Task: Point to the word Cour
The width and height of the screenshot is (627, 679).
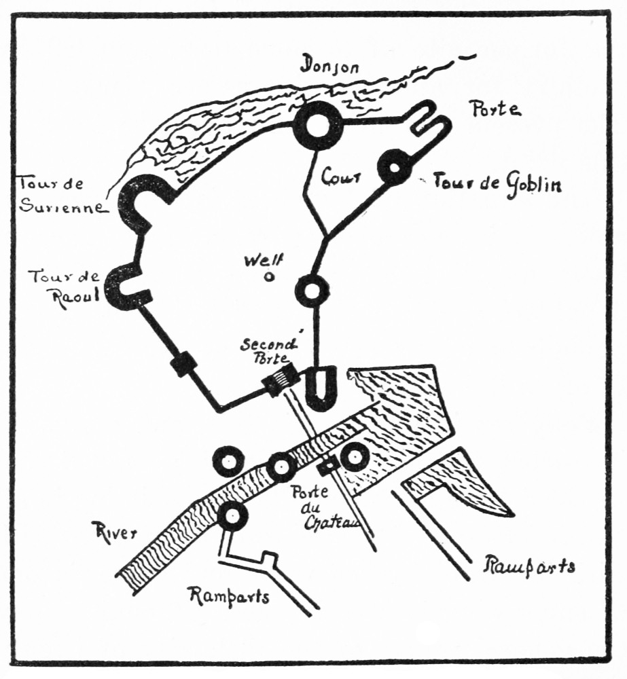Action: pyautogui.click(x=341, y=177)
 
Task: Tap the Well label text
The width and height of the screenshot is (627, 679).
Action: pyautogui.click(x=264, y=261)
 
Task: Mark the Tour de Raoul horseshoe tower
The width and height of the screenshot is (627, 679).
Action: pyautogui.click(x=125, y=287)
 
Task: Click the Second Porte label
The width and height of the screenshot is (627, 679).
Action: pyautogui.click(x=266, y=351)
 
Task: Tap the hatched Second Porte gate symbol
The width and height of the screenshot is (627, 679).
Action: pyautogui.click(x=281, y=380)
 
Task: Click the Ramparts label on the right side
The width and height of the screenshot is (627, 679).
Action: pyautogui.click(x=529, y=566)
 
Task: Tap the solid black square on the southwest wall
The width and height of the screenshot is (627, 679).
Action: pyautogui.click(x=184, y=365)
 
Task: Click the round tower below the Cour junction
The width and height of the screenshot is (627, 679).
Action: pyautogui.click(x=312, y=290)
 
